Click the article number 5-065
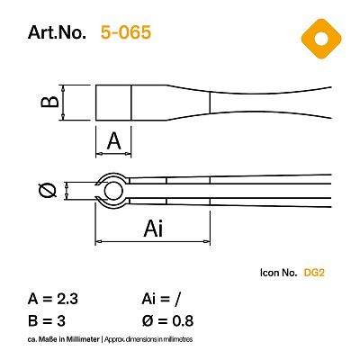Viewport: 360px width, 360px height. click(x=126, y=33)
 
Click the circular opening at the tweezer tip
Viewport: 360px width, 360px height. click(x=114, y=190)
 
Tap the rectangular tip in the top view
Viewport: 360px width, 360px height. click(x=114, y=103)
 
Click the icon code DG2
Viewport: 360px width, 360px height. click(x=314, y=272)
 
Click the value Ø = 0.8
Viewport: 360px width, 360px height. click(x=168, y=320)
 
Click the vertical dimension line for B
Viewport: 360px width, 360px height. click(x=69, y=103)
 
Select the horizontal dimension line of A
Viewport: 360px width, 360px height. click(x=114, y=153)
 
